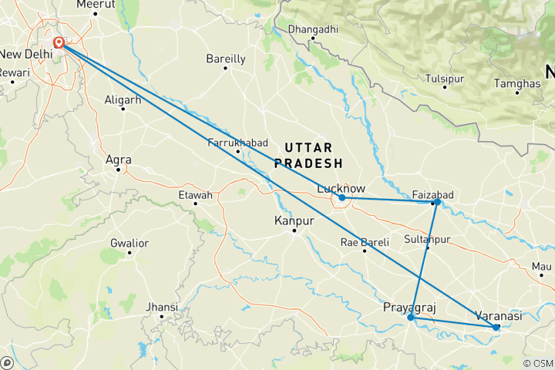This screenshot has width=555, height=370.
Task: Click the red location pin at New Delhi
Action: (x=59, y=42)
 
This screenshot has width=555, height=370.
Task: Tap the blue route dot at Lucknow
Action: (x=342, y=198)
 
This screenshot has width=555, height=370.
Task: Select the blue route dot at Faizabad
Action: (x=436, y=202)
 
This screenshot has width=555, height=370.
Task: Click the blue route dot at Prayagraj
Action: (x=411, y=317)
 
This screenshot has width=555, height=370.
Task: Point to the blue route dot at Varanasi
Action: (x=496, y=328)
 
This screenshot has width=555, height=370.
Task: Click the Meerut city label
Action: (x=96, y=5)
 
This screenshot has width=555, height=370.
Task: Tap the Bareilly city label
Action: (x=226, y=59)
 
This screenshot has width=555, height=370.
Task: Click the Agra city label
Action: (x=118, y=160)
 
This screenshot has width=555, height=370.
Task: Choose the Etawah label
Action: (x=195, y=195)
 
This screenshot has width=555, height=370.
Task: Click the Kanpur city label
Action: (x=294, y=221)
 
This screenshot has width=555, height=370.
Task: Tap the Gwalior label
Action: (x=129, y=244)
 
